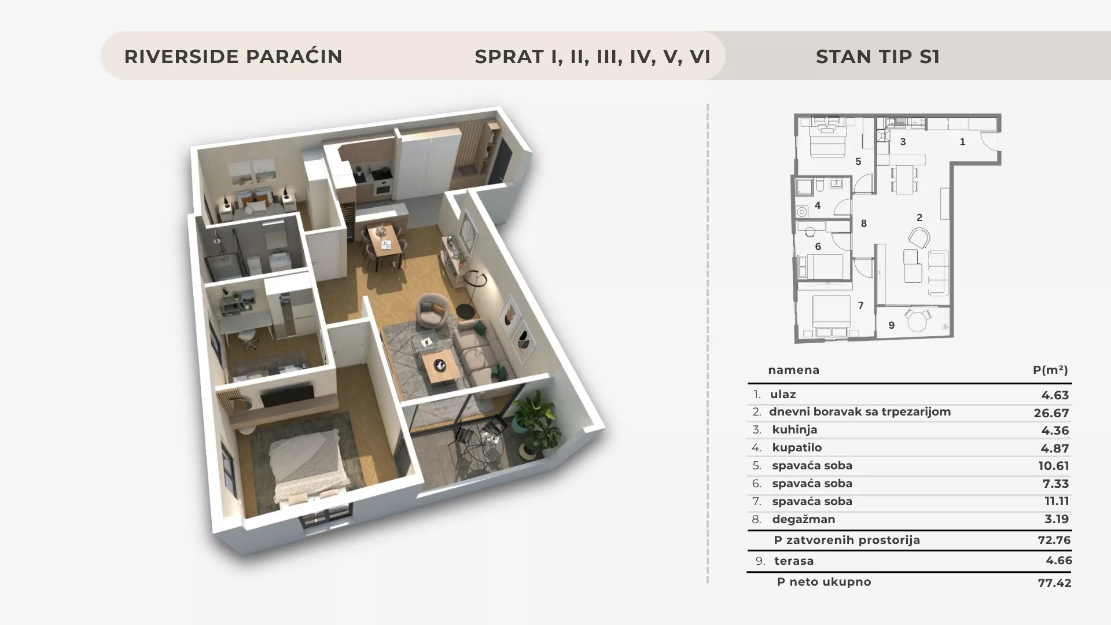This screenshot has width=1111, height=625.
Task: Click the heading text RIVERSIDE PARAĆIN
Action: [x=233, y=57]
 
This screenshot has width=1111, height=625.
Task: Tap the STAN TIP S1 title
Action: [x=878, y=57]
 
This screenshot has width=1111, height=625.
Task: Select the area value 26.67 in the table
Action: [x=1051, y=413]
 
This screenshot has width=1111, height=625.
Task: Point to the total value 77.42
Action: [x=1055, y=583]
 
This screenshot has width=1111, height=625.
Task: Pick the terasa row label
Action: [x=794, y=561]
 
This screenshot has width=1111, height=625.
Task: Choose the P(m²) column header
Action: [x=1051, y=370]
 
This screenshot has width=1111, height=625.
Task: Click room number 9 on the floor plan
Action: [x=891, y=325]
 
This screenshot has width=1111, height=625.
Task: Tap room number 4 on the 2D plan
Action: [x=818, y=205]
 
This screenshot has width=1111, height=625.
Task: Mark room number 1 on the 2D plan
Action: [x=962, y=142]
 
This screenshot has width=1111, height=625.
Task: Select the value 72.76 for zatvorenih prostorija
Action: [x=1054, y=540]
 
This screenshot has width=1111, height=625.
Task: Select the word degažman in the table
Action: [x=804, y=520]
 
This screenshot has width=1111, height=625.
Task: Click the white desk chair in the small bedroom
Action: [x=249, y=340]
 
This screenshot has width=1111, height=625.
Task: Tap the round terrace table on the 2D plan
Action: [x=917, y=321]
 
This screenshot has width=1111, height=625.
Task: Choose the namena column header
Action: [x=794, y=370]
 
